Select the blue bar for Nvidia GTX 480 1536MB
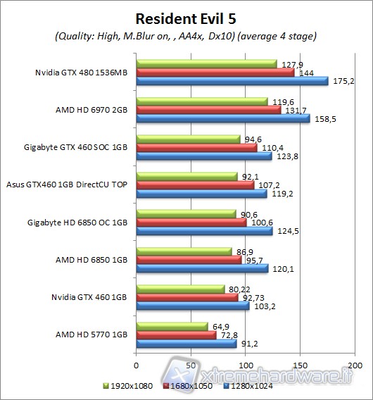[x=232, y=80]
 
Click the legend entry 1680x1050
[x=189, y=385]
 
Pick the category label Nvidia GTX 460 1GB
[x=90, y=297]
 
